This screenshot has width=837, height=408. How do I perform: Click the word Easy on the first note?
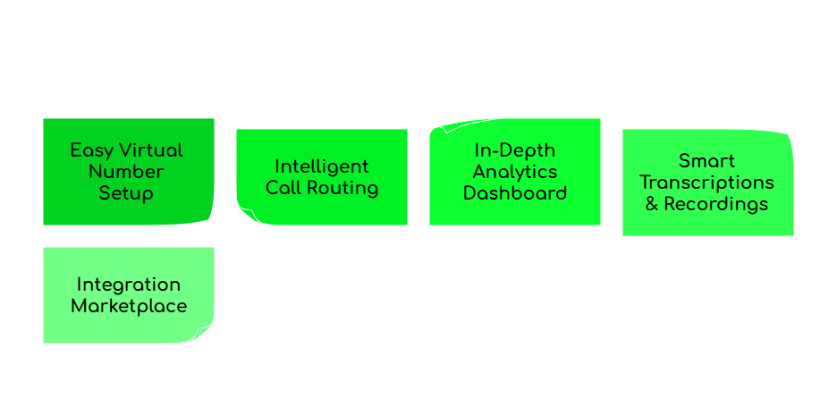(x=92, y=150)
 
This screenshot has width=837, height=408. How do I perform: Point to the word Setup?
(x=126, y=193)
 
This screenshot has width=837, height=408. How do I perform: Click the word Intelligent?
(x=321, y=166)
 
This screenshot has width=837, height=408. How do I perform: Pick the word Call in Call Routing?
(x=284, y=188)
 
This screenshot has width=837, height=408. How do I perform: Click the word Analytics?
(x=514, y=172)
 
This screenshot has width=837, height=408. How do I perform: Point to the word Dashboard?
(x=514, y=193)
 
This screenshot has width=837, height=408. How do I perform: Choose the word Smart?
(x=707, y=161)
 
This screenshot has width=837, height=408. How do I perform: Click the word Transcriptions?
(x=707, y=183)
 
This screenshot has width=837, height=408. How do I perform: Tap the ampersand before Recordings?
(x=652, y=204)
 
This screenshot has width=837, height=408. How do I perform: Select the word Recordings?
(x=715, y=204)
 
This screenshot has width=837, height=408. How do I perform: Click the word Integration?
(x=128, y=285)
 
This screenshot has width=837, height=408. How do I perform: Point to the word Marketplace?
(x=128, y=306)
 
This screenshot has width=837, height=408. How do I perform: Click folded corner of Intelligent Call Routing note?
(x=245, y=216)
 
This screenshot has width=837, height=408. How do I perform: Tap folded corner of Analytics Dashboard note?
(x=438, y=127)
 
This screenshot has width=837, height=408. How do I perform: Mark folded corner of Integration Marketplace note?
(x=205, y=334)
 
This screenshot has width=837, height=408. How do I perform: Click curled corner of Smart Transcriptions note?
(x=786, y=137)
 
